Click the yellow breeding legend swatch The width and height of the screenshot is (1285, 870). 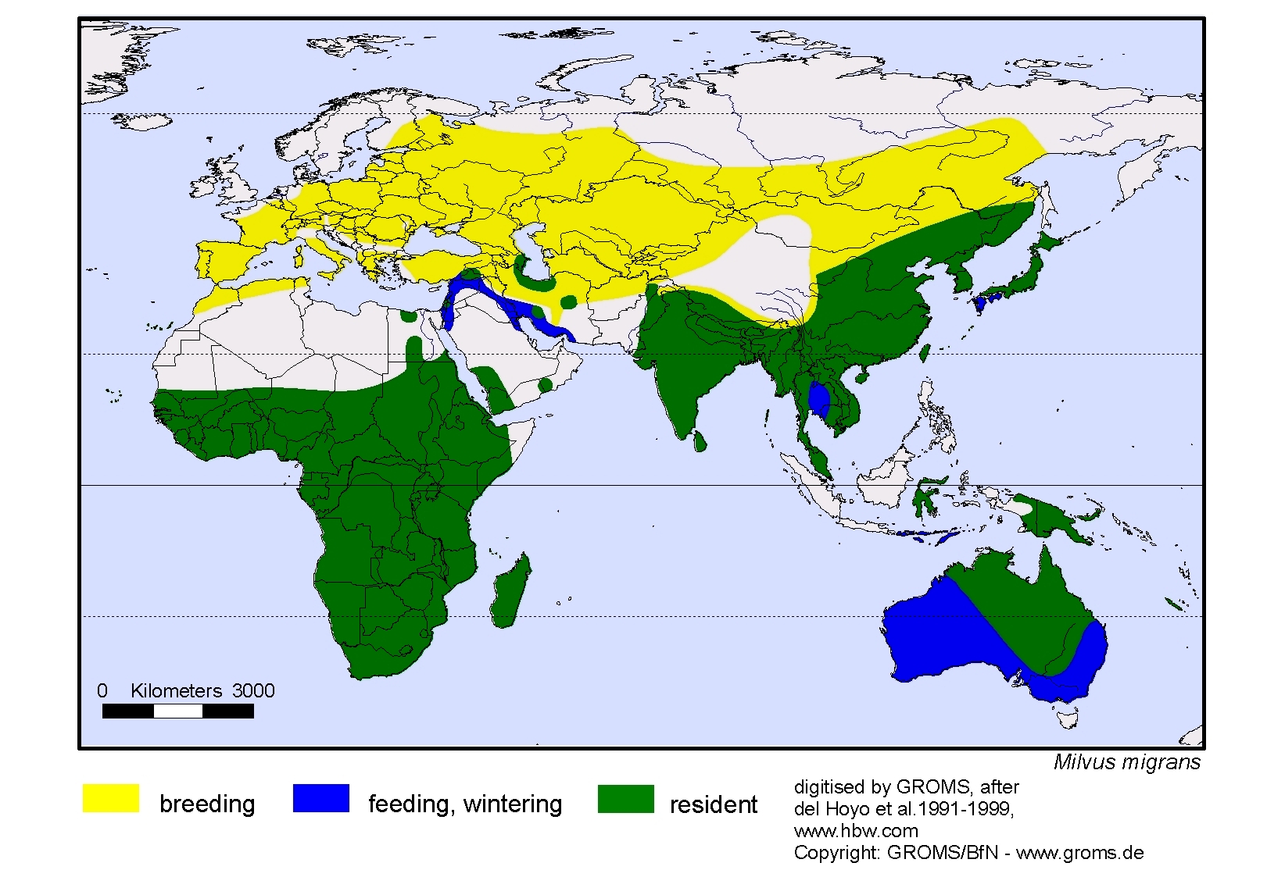tap(111, 799)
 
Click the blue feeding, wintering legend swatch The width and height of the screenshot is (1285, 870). tap(321, 799)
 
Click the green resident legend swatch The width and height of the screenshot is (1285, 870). tap(625, 799)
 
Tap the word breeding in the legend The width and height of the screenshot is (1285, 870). tap(207, 804)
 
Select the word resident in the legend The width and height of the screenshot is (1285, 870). tap(713, 804)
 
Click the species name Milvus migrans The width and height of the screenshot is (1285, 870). tap(1126, 762)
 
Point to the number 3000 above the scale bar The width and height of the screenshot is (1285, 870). tap(253, 690)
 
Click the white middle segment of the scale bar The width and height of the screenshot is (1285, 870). tap(178, 711)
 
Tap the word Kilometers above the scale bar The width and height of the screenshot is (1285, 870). tap(176, 690)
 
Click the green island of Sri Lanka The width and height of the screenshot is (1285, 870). tap(700, 442)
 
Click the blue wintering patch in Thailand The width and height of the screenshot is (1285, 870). tap(818, 401)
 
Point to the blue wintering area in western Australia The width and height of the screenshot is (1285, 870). tap(930, 633)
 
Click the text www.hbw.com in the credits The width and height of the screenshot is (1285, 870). tap(855, 830)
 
